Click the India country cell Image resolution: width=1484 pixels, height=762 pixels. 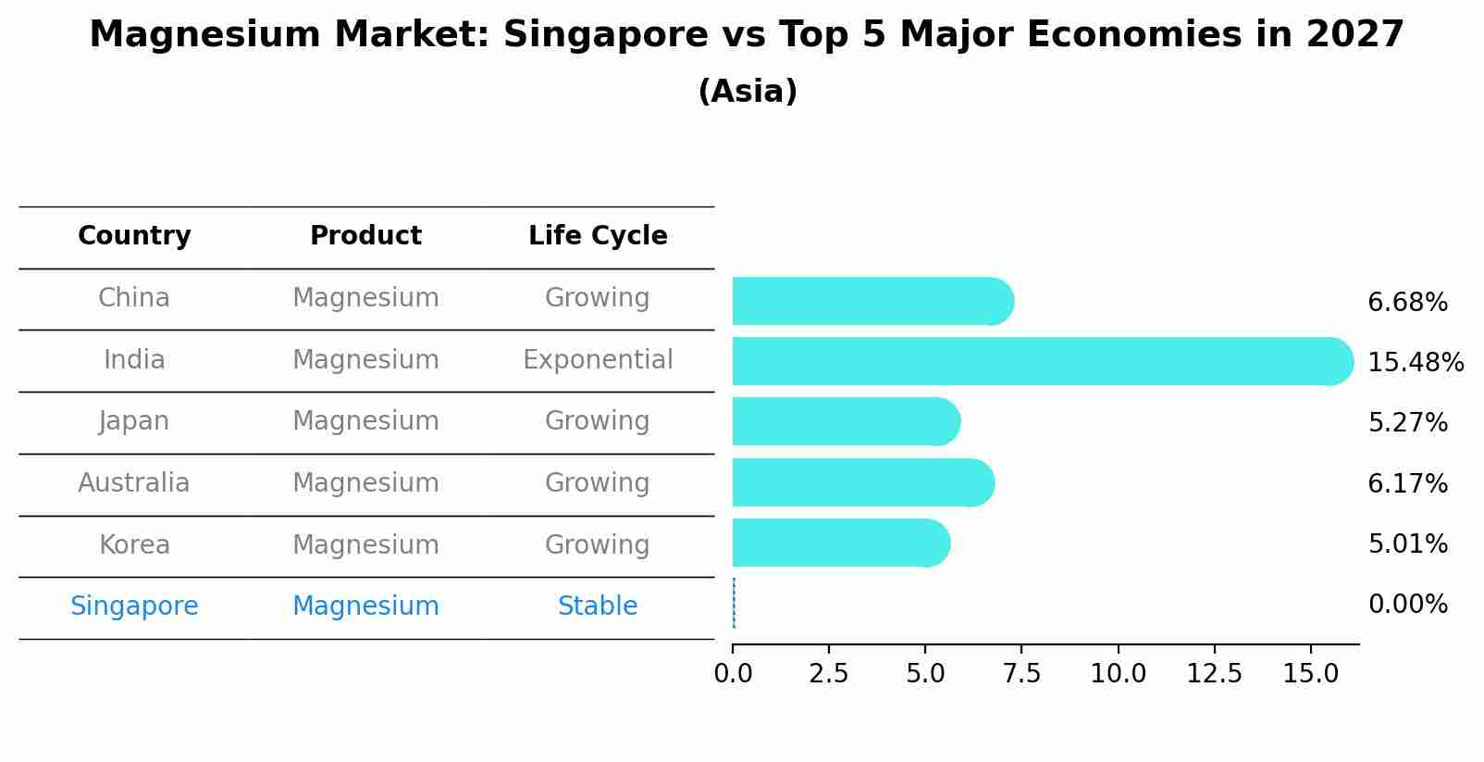[134, 360]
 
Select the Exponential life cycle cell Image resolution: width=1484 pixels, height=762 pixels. [598, 360]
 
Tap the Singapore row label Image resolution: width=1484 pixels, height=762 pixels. [134, 606]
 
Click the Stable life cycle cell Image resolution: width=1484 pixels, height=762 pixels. [598, 606]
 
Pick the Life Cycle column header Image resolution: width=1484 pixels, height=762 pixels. [598, 236]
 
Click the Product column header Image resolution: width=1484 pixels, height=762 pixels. [365, 236]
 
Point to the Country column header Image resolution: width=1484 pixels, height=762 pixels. [134, 236]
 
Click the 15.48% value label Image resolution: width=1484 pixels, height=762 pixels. [1416, 363]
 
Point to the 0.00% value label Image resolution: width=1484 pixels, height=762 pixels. [1407, 605]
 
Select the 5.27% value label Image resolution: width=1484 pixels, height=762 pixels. [1407, 423]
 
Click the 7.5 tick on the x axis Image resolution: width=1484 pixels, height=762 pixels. [1021, 674]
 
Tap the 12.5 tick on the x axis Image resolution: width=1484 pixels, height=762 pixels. [1214, 674]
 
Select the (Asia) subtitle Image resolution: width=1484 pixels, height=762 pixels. [748, 92]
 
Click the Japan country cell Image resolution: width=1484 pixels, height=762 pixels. [134, 421]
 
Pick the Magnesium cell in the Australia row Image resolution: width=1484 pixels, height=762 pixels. [365, 483]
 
